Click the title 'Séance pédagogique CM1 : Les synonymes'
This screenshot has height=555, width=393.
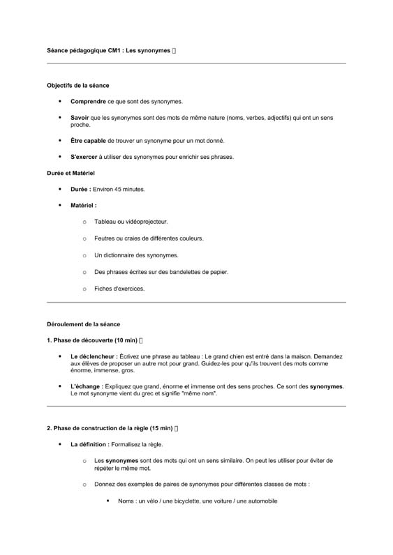coord(108,50)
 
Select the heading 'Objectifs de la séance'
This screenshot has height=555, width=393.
coord(77,85)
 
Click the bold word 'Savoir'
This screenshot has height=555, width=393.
coord(80,118)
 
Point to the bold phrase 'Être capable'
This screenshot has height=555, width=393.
coord(88,141)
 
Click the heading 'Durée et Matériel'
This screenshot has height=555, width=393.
coord(71,172)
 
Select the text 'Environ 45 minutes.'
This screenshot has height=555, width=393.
coord(119,189)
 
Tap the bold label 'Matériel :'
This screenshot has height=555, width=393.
coord(83,206)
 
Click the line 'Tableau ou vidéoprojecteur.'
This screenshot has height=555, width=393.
coord(131,222)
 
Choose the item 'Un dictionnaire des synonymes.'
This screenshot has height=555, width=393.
coord(136,255)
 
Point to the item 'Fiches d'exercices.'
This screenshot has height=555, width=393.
coord(119,289)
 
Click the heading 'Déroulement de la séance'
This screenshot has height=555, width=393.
coord(83,324)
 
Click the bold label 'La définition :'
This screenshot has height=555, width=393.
coord(89,444)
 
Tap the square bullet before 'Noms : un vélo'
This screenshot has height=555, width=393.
coord(108,501)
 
